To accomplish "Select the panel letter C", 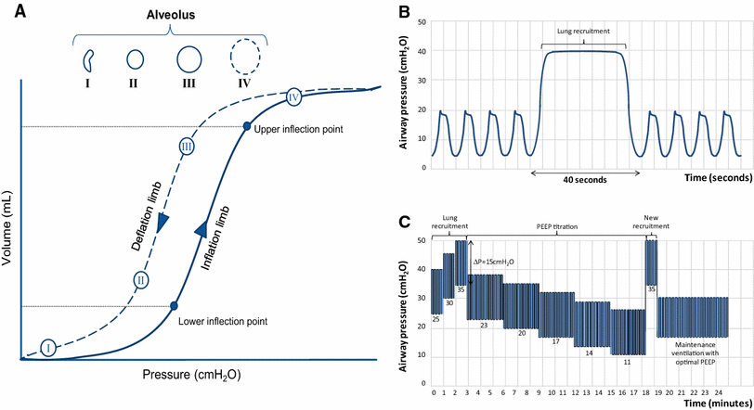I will coord(402,222).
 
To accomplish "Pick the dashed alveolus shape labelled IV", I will coord(245,62).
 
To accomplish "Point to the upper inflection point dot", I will coord(246,126).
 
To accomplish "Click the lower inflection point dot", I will coord(174,305).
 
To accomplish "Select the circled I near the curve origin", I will coord(47,347).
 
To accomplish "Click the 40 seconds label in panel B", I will coord(584,180).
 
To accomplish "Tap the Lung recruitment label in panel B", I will coord(583,31).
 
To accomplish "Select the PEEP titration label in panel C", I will coord(556,224).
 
